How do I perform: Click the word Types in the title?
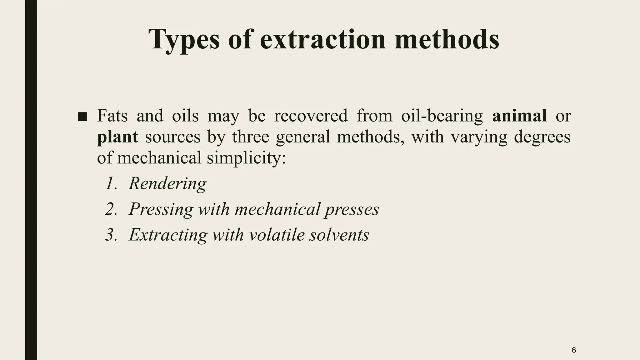click(184, 40)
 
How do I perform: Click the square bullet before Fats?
click(82, 117)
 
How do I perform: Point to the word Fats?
click(112, 116)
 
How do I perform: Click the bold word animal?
click(519, 116)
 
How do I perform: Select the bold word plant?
click(117, 137)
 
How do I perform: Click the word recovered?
click(311, 116)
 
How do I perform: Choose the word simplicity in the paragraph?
click(246, 158)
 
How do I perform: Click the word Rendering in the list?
click(167, 183)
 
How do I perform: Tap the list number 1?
click(111, 183)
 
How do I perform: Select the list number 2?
click(111, 209)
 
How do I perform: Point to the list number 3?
click(111, 235)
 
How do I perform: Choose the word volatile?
click(277, 235)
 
